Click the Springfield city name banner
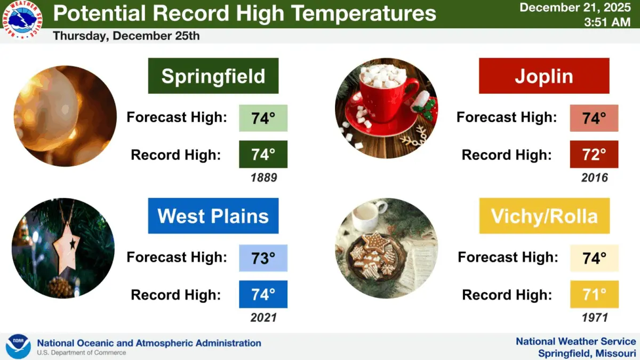pos(213,76)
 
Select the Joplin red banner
pos(544,76)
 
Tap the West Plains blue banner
pos(213,216)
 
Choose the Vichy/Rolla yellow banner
pos(544,216)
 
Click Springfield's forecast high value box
pos(263,118)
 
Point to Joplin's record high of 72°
pos(594,155)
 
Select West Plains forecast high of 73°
pos(263,258)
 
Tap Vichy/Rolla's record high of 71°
pos(594,294)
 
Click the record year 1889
pos(263,178)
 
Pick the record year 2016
pos(594,178)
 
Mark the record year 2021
pos(263,318)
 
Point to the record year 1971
pos(594,318)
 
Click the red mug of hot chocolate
pos(381,93)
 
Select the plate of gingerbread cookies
pos(375,255)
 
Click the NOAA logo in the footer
pos(18,347)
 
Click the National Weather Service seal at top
pos(22,20)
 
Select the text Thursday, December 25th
pos(126,36)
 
